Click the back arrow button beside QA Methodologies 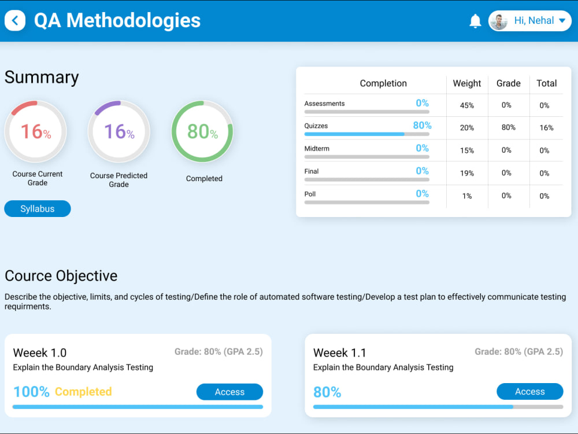click(15, 20)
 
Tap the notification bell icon click(475, 21)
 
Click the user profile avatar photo click(499, 21)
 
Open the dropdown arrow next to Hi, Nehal click(562, 21)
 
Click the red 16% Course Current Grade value click(36, 131)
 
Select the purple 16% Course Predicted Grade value click(119, 131)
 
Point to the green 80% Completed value click(202, 131)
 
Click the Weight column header click(466, 83)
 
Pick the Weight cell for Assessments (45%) click(466, 105)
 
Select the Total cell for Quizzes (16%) click(546, 128)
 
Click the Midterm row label click(317, 149)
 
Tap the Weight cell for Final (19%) click(466, 173)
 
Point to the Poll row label click(310, 194)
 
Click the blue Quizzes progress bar click(354, 134)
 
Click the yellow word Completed click(83, 392)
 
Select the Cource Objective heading click(61, 276)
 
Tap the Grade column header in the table click(508, 83)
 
